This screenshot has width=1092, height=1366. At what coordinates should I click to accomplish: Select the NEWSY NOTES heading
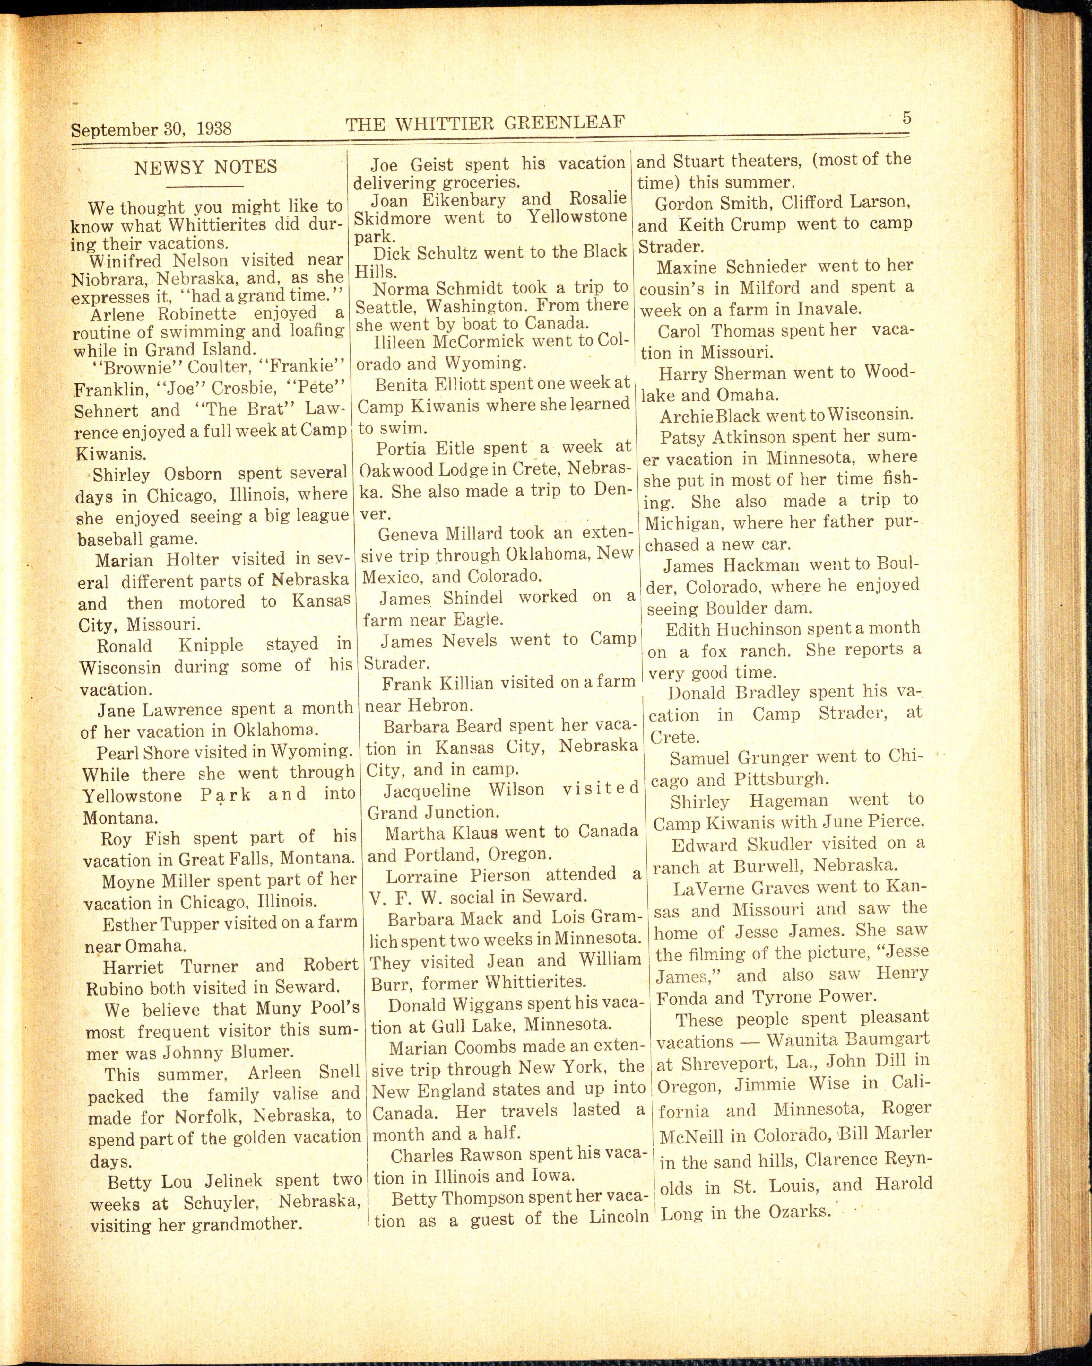205,167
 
